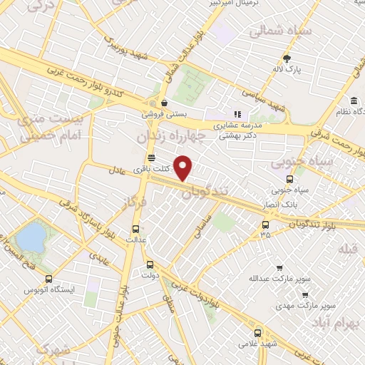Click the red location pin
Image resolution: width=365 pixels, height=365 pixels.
185,168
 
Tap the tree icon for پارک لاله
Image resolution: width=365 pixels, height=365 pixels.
288,58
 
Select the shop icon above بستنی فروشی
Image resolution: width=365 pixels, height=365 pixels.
165,102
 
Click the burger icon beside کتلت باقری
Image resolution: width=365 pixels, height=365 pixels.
150,158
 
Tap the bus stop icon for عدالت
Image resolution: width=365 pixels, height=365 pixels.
136,229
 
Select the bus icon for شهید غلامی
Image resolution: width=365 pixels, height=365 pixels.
257,331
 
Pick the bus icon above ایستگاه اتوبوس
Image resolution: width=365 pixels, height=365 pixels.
48,279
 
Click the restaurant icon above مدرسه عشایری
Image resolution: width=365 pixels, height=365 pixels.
238,113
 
